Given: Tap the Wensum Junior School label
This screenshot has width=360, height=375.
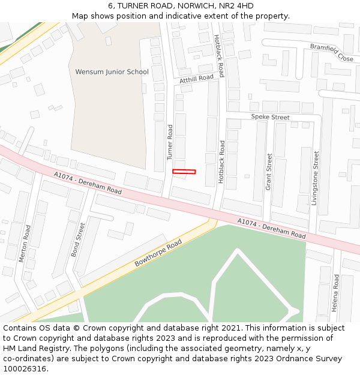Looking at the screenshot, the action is (112, 72).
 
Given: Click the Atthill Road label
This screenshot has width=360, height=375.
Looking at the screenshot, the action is (196, 79).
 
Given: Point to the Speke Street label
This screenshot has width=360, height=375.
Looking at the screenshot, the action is (270, 117).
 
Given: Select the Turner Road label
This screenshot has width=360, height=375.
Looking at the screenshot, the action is (170, 142).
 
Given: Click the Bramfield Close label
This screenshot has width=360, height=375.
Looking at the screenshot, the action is (332, 52).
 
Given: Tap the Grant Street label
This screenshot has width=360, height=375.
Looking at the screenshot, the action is (269, 172).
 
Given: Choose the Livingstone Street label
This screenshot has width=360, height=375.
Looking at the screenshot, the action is (316, 178).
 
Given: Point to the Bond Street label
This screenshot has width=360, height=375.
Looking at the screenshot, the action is (79, 240).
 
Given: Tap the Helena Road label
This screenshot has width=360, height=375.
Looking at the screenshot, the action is (335, 293).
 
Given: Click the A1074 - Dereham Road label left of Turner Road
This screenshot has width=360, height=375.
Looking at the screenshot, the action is (87, 183).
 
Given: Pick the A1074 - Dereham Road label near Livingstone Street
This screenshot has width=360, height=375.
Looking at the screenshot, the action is (271, 229).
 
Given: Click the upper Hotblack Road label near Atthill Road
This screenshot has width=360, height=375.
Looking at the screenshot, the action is (219, 55).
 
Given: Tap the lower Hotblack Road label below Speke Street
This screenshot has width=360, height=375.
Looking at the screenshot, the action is (222, 162).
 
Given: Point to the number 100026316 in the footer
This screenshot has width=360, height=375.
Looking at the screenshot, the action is (25, 368).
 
